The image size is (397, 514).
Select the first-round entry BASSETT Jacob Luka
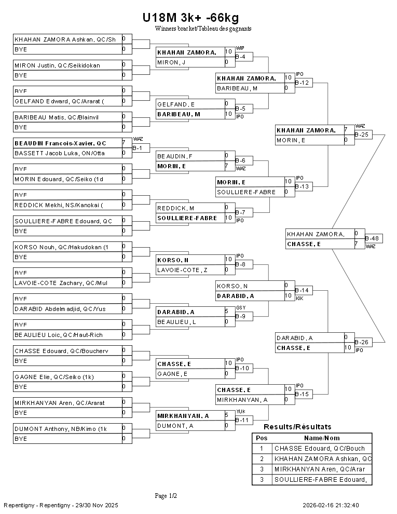[x=60, y=153]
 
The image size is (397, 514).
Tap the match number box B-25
[x=362, y=134]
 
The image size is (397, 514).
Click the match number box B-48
[x=372, y=238]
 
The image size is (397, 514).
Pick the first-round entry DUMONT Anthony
[x=60, y=428]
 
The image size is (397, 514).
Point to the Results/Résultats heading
[x=297, y=427]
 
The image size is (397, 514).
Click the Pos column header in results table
[x=262, y=438]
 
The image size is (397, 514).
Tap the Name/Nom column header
[x=322, y=438]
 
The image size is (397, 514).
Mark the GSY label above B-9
[x=240, y=308]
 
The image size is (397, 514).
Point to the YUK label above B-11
[x=240, y=411]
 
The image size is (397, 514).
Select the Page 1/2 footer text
[x=166, y=496]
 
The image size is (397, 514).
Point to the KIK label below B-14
[x=299, y=298]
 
